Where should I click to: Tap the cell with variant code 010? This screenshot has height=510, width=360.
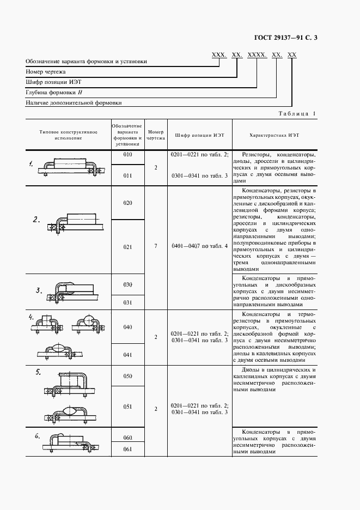(x=127, y=155)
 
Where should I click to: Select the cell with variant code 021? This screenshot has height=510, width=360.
(x=127, y=247)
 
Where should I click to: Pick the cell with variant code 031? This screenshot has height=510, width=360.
(x=127, y=302)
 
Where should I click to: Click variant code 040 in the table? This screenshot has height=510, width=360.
(x=127, y=327)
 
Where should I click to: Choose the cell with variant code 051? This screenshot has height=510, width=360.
(x=127, y=406)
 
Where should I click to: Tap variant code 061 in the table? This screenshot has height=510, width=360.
(x=127, y=448)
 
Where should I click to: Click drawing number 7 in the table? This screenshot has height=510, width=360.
(x=156, y=246)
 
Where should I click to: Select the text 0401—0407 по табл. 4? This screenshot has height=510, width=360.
(x=199, y=246)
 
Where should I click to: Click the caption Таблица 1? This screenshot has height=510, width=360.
(x=296, y=113)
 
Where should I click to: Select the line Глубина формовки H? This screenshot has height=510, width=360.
(x=53, y=92)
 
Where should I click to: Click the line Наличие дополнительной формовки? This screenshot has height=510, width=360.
(x=74, y=102)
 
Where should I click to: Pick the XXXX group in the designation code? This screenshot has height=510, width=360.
(x=257, y=55)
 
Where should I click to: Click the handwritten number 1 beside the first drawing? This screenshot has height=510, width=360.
(x=32, y=163)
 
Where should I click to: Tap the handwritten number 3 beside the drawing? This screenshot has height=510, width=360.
(x=39, y=290)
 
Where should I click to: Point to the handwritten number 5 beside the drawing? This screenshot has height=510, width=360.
(x=38, y=372)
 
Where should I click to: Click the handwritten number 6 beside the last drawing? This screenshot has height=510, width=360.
(x=37, y=435)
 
